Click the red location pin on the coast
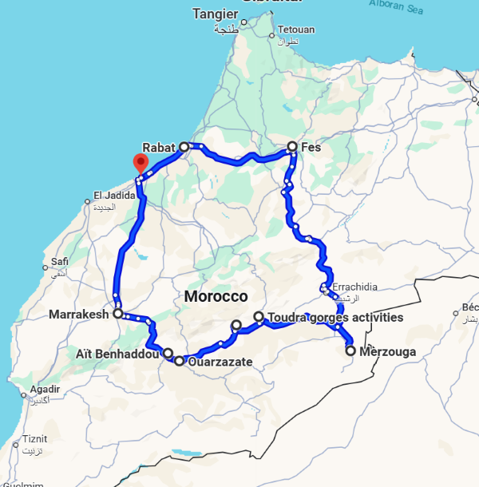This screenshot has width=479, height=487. point(141,164)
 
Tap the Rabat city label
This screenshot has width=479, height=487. point(158,147)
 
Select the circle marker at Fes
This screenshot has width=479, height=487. point(292,147)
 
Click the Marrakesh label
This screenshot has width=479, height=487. point(78,315)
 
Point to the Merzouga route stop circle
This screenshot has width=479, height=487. point(350,350)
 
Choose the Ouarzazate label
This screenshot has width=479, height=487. point(220,362)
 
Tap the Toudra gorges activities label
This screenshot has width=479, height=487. point(336,318)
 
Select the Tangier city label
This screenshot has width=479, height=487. point(216,14)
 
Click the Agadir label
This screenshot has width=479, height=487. point(43,390)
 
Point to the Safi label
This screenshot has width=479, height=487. point(59,261)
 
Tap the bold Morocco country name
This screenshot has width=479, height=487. point(216,296)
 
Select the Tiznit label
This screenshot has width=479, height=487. point(34,439)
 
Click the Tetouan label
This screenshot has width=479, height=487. point(296,30)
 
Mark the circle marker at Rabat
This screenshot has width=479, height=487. point(184,147)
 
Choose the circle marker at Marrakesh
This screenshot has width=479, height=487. point(117,315)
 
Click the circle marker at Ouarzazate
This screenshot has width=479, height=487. point(179,361)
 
